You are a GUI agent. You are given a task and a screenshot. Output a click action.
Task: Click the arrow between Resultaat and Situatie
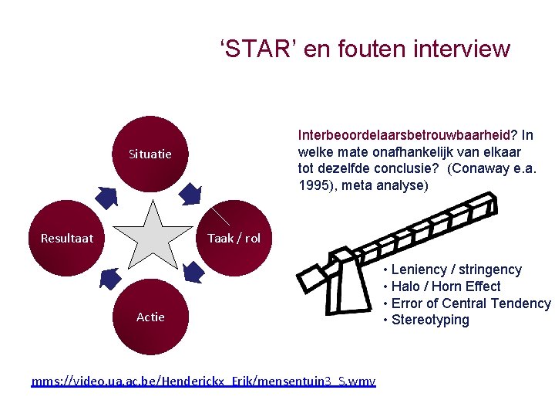[108, 197]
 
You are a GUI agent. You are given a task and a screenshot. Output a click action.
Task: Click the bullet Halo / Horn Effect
[446, 286]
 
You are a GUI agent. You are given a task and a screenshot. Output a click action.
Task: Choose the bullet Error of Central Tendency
[470, 303]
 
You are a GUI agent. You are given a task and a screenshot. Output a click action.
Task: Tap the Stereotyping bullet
[430, 320]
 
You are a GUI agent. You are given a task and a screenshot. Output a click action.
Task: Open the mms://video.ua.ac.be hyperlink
[203, 381]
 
